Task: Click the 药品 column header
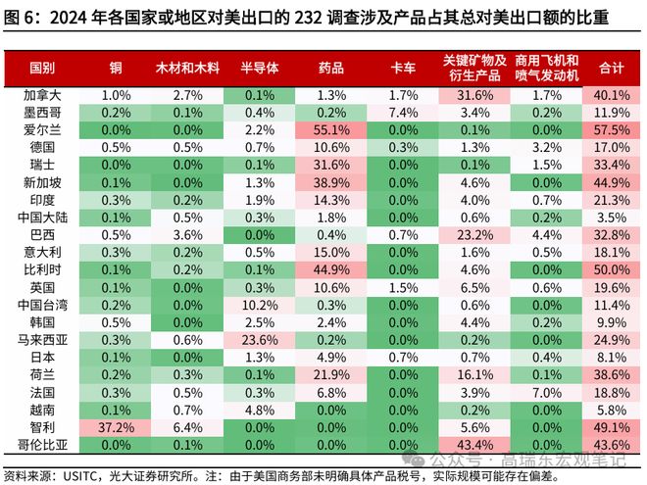tap(330, 68)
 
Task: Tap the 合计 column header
tap(611, 68)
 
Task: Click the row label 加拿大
tap(42, 95)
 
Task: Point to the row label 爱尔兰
tap(42, 128)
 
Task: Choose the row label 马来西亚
tap(42, 339)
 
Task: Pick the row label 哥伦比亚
tap(42, 444)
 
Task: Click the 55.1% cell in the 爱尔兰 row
tap(331, 129)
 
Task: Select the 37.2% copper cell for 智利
tap(117, 427)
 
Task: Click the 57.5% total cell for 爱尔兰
tap(611, 129)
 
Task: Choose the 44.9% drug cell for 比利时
tap(331, 269)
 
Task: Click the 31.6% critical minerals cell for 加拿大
tap(475, 95)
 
